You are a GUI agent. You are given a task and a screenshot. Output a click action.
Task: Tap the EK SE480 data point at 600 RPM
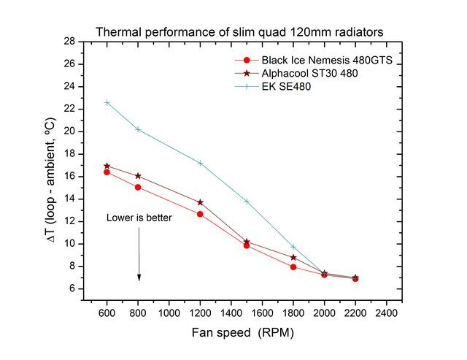click(107, 102)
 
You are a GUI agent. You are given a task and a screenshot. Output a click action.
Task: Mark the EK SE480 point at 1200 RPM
click(200, 163)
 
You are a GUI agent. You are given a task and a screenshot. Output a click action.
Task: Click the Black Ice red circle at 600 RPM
click(107, 172)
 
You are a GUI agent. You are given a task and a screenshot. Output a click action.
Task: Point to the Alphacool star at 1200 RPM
click(200, 202)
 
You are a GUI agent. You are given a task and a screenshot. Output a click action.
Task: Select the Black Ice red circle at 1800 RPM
click(293, 267)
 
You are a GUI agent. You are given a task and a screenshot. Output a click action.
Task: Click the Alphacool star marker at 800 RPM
click(138, 176)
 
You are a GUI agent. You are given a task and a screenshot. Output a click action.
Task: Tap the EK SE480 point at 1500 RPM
click(247, 201)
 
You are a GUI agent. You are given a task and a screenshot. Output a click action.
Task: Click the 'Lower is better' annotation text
click(139, 218)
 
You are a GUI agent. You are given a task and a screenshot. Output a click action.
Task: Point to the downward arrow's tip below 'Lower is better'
click(139, 279)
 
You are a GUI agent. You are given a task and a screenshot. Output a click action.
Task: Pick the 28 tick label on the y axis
click(71, 42)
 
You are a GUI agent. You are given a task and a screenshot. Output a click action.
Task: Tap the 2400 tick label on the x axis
click(386, 313)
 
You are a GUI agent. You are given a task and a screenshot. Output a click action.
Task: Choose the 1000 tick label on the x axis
click(169, 313)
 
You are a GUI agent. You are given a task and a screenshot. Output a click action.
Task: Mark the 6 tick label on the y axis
click(73, 289)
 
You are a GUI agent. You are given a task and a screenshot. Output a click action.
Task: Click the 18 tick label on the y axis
click(71, 154)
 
